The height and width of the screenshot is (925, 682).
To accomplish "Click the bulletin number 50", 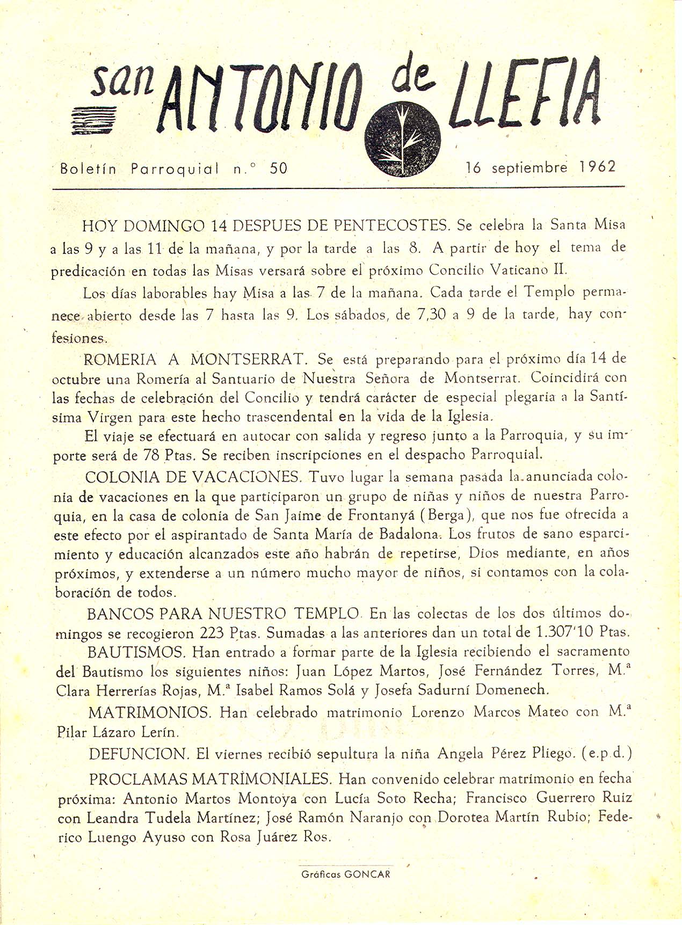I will [x=279, y=169].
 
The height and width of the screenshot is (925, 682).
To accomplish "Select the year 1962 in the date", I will [x=598, y=167].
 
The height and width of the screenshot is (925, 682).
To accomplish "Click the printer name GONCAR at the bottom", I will [x=367, y=873].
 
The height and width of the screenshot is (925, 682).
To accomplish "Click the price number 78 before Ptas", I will [x=151, y=456].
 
